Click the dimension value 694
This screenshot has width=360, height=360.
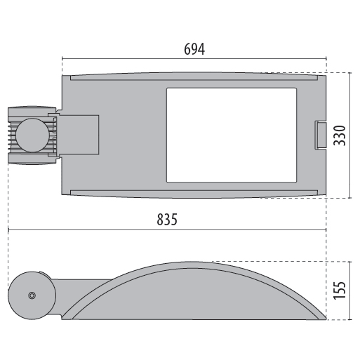click(194, 49)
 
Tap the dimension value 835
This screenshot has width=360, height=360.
click(167, 220)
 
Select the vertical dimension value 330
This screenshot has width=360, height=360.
click(340, 135)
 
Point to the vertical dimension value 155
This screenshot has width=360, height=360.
click(340, 290)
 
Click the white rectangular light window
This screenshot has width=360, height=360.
click(232, 135)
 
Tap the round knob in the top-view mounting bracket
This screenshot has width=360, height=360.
click(32, 135)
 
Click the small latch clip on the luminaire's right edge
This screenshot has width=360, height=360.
click(320, 135)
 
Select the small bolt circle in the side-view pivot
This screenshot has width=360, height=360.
click(32, 295)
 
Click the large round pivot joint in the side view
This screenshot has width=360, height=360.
click(32, 295)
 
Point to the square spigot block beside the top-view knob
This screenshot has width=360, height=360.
click(79, 135)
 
